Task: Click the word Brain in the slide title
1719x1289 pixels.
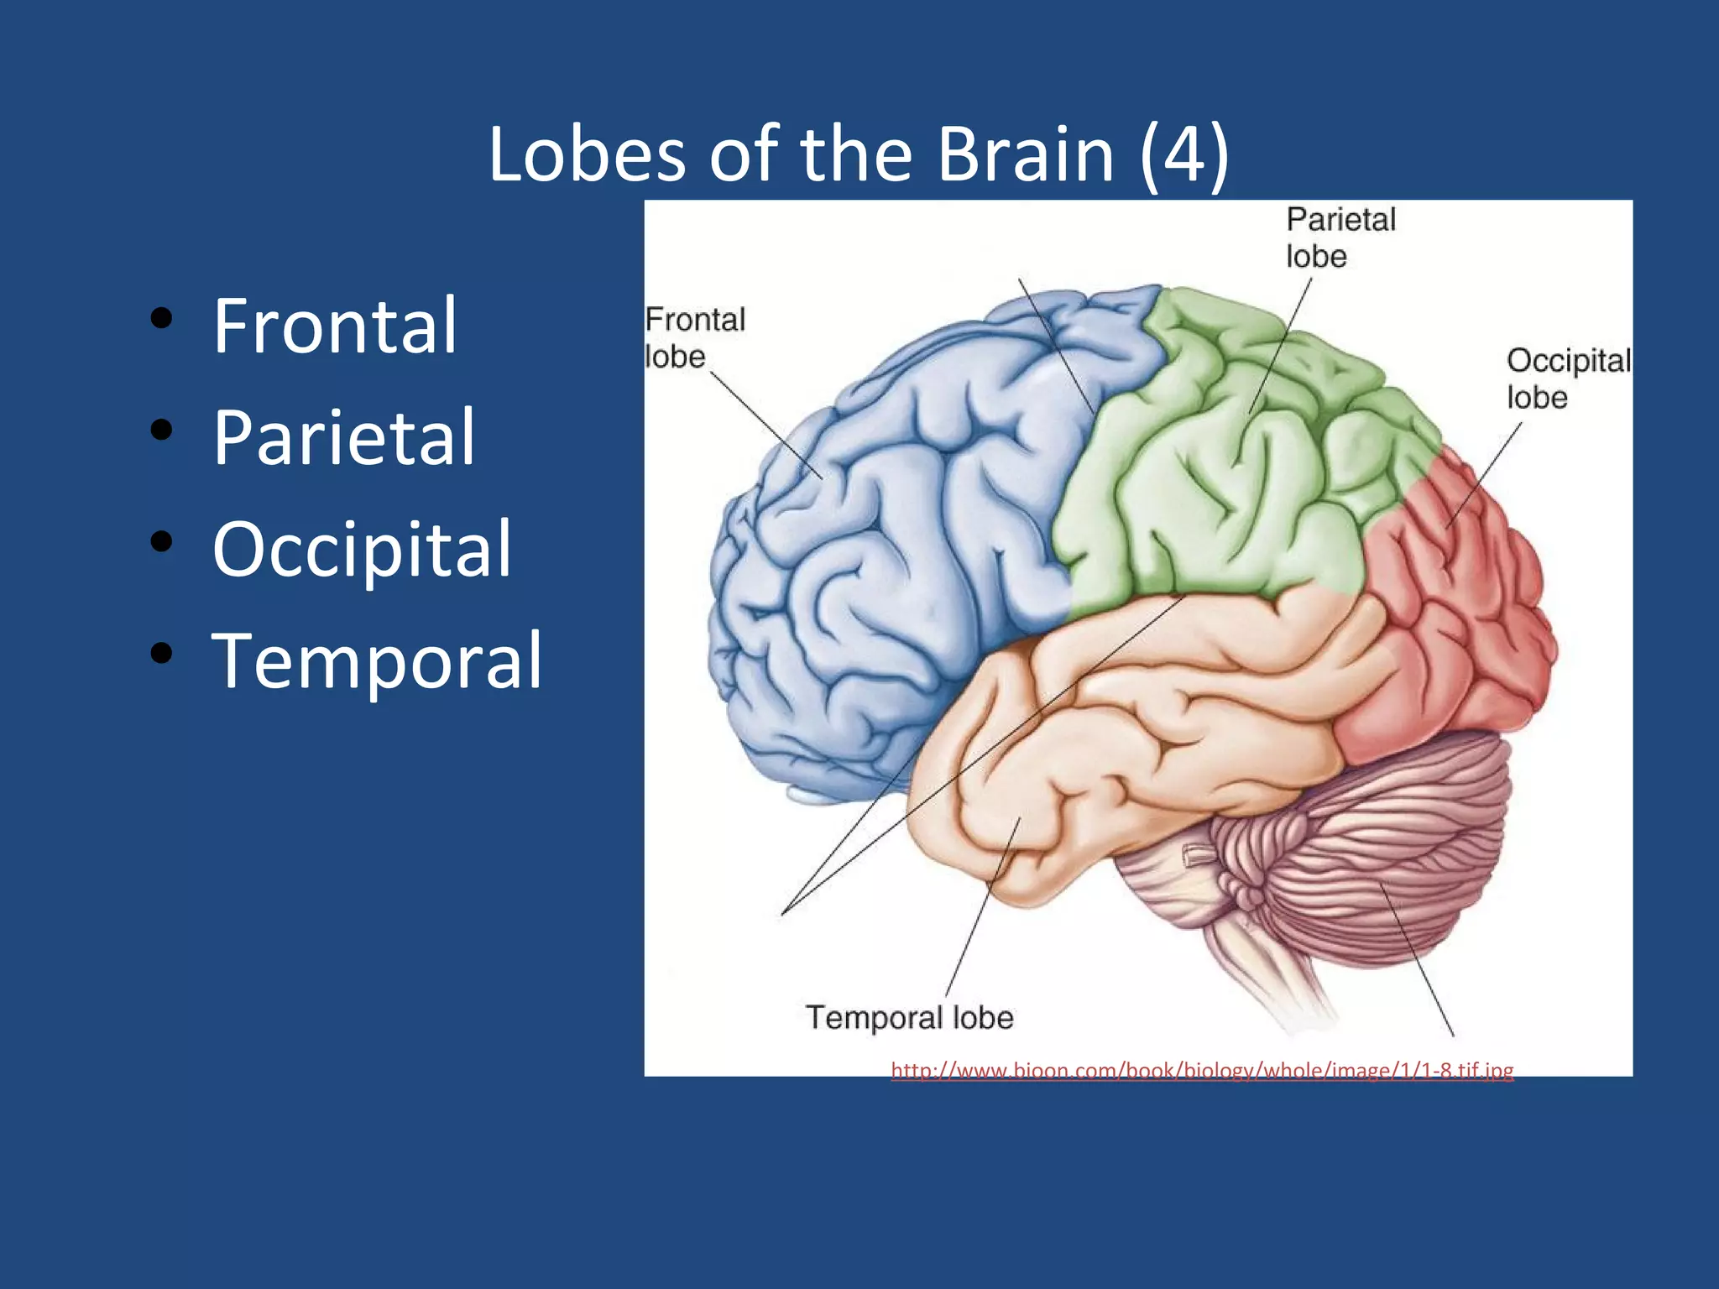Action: tap(1025, 154)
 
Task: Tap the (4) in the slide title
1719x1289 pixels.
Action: tap(1184, 154)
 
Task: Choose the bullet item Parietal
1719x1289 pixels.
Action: tap(344, 437)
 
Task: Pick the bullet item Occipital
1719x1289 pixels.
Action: tap(362, 550)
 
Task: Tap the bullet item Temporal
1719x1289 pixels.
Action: tap(377, 661)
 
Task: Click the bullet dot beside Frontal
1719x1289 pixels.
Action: tap(161, 318)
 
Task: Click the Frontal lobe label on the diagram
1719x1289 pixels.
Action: tap(693, 337)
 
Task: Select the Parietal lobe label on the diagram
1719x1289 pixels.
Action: tap(1340, 237)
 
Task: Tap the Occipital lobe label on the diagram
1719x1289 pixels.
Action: tap(1567, 378)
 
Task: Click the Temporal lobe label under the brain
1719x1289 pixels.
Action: tap(910, 1017)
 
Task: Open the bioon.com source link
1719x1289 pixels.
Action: tap(1202, 1070)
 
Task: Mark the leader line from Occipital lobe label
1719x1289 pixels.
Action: tap(1484, 474)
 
